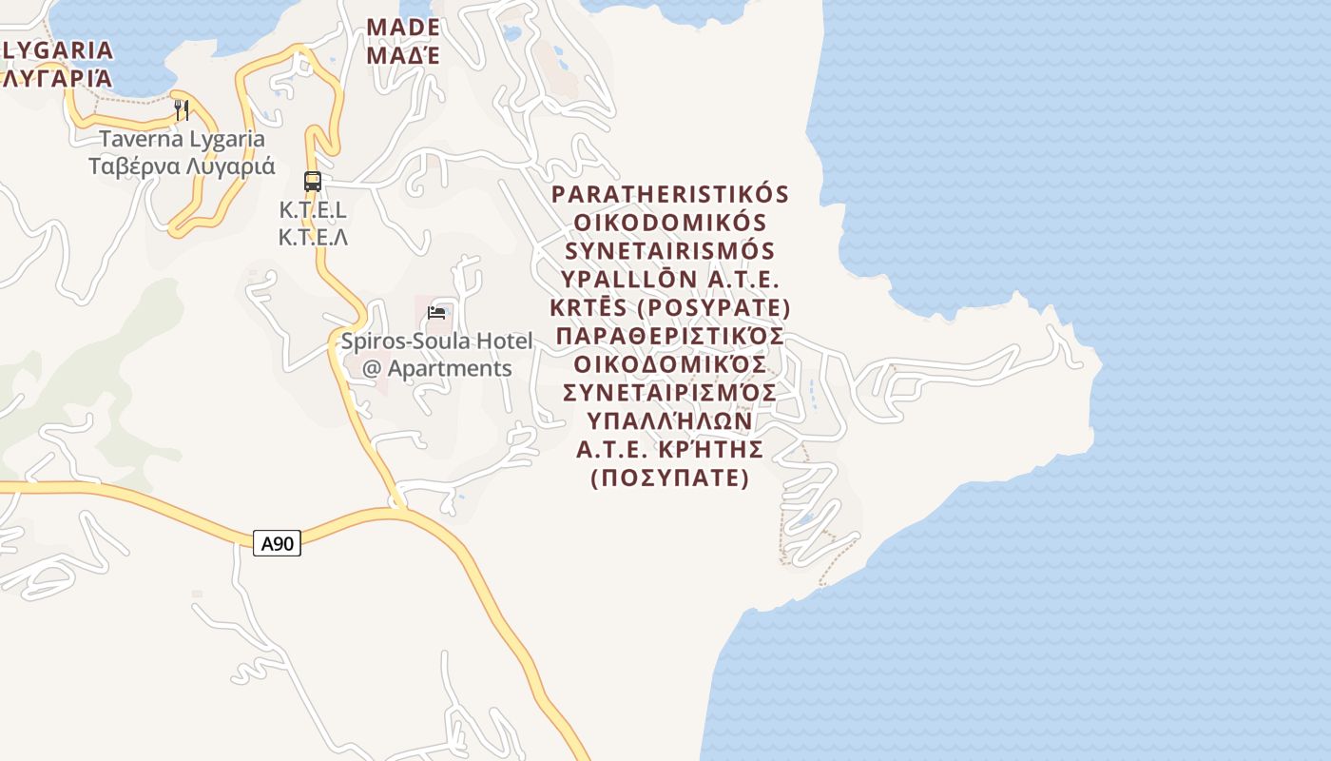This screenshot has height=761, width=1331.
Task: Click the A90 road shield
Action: click(x=278, y=544)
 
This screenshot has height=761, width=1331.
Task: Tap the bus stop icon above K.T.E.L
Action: click(x=312, y=181)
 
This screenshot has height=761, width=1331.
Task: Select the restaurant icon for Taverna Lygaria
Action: click(x=181, y=110)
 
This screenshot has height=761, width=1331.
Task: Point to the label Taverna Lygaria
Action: click(x=182, y=139)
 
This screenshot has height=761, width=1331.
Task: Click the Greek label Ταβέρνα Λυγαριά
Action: click(x=182, y=166)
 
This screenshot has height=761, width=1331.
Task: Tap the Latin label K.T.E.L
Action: click(x=313, y=210)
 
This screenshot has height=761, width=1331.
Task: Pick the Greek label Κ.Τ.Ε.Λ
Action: click(x=313, y=237)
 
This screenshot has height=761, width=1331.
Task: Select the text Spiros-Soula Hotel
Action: click(x=436, y=341)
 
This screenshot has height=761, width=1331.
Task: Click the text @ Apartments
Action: click(x=436, y=368)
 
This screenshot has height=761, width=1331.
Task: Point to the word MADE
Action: click(x=403, y=28)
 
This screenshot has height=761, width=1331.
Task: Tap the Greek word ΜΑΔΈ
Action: click(x=403, y=55)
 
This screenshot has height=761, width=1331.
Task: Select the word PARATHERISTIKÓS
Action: click(x=670, y=194)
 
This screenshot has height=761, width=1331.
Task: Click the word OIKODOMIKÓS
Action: click(x=670, y=223)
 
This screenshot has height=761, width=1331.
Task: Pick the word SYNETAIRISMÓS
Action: click(x=670, y=251)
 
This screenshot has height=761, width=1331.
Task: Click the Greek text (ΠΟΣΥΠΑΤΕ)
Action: click(x=670, y=478)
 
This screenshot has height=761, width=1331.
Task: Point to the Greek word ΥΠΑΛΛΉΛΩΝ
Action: click(x=670, y=420)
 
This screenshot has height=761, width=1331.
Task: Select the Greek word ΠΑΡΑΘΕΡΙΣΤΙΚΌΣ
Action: click(x=670, y=337)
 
